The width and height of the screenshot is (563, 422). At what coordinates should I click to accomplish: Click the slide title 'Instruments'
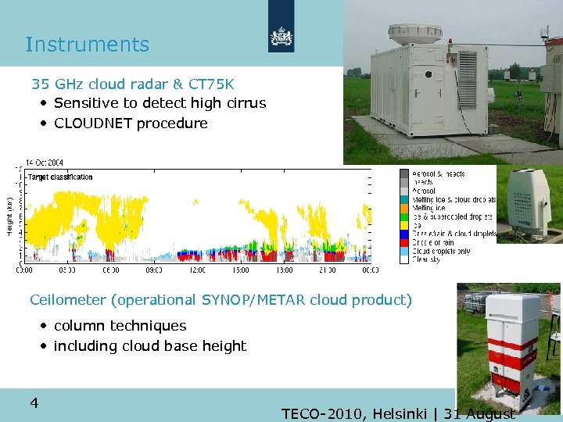pyautogui.click(x=87, y=45)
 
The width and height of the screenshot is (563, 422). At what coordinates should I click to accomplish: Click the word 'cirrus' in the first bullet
pyautogui.click(x=243, y=103)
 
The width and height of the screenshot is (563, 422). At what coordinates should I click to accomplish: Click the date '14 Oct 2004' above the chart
pyautogui.click(x=45, y=163)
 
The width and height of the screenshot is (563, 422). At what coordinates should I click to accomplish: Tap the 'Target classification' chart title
pyautogui.click(x=60, y=177)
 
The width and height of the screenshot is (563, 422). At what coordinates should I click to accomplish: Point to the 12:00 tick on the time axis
pyautogui.click(x=197, y=270)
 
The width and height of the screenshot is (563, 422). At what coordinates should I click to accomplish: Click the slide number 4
pyautogui.click(x=34, y=403)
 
